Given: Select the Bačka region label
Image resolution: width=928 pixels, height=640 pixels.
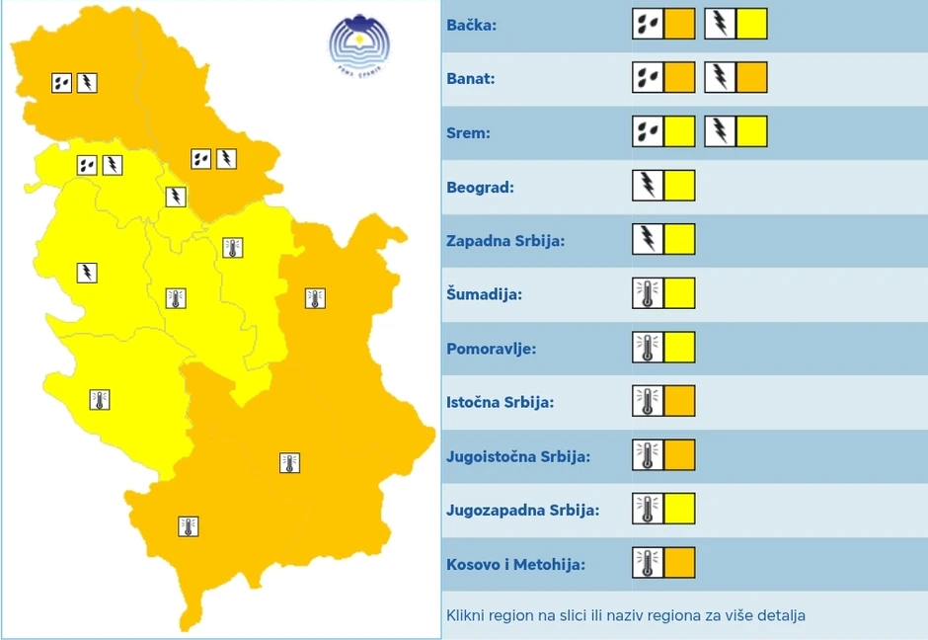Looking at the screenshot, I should point(471,25).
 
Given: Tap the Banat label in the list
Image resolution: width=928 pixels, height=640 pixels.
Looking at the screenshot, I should point(470,78).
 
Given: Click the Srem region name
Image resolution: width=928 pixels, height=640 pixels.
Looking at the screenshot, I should point(468,132).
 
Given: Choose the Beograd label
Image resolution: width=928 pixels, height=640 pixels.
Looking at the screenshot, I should point(480,187).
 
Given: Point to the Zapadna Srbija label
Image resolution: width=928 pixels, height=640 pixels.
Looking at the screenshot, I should point(505,240).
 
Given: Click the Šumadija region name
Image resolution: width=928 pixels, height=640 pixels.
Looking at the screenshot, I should point(484,294).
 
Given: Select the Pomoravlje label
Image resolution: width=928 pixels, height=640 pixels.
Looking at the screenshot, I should point(491,349).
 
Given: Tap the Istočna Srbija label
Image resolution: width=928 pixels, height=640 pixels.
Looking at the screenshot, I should point(500,402).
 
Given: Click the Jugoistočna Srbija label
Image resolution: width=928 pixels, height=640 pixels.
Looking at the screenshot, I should point(517,456).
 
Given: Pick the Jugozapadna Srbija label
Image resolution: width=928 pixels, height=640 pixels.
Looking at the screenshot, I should point(522,510).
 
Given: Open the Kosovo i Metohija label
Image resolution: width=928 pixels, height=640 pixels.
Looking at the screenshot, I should point(515,564).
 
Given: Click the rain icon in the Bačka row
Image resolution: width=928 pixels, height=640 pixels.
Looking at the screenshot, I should point(648,24).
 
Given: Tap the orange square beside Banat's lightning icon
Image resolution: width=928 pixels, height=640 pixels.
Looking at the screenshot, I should point(751,77).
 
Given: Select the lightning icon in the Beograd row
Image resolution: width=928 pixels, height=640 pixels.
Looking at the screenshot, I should point(648,186).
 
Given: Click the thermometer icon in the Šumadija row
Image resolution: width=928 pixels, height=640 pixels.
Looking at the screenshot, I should point(648,293).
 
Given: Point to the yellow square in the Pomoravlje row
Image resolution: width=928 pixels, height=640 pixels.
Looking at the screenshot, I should point(679,348).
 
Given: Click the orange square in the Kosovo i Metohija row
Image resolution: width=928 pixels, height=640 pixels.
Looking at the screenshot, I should point(679,563).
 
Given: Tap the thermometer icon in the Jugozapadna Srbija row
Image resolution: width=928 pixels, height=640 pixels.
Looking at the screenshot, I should point(648,509).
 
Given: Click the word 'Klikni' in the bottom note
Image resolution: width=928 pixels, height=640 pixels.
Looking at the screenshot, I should point(465,615).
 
